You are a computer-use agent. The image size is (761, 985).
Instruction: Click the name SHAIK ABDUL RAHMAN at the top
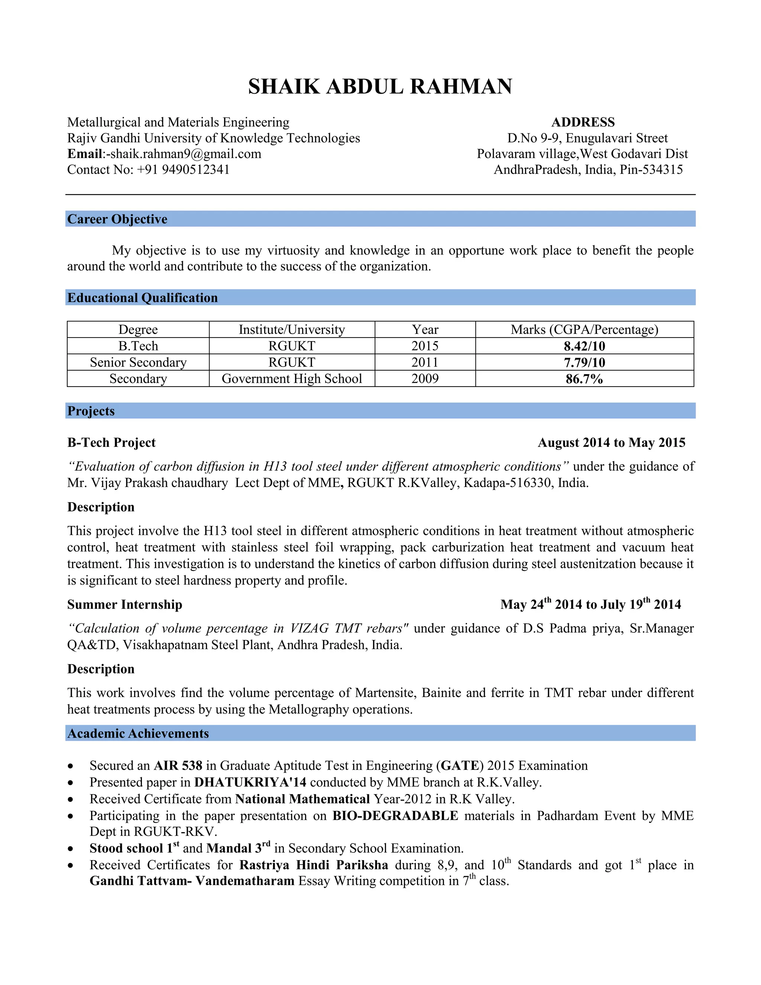(380, 87)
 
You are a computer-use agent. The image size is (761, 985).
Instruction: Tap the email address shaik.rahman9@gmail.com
(186, 154)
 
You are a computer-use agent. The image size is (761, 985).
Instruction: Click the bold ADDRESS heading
(583, 122)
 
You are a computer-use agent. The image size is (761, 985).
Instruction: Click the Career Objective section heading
(117, 219)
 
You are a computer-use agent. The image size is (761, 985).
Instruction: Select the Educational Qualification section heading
(142, 298)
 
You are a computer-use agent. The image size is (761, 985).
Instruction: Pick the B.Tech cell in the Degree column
(138, 346)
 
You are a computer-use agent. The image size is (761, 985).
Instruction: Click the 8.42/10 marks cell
(584, 346)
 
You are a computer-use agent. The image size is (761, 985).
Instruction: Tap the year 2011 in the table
(425, 362)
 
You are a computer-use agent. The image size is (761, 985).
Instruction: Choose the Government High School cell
(292, 378)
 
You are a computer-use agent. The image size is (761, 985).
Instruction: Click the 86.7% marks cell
(584, 379)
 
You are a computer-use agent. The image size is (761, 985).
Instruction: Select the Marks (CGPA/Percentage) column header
(584, 330)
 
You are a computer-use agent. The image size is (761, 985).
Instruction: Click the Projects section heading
(91, 411)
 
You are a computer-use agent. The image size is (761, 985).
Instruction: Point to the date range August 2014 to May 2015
(611, 442)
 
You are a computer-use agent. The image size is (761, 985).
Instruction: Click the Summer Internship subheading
(125, 604)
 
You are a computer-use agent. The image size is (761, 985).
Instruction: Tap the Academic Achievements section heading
(138, 733)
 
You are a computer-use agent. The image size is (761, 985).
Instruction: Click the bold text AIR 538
(178, 766)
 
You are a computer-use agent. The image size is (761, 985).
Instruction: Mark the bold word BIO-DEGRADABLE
(395, 816)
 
